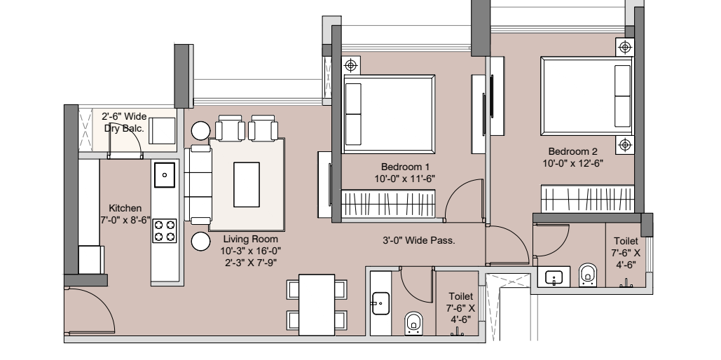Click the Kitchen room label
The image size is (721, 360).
[x=125, y=208]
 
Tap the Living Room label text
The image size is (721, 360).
[x=251, y=239]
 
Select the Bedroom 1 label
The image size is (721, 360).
[x=405, y=167]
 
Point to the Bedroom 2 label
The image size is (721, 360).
[x=573, y=151]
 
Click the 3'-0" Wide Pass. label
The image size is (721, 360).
[x=419, y=240]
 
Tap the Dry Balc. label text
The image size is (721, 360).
[x=124, y=128]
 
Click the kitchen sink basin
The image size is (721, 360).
[x=164, y=174]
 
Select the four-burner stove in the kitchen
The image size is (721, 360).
[x=164, y=231]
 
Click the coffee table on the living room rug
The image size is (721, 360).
[x=247, y=184]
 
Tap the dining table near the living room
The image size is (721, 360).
[x=317, y=305]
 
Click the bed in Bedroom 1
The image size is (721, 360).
[x=389, y=114]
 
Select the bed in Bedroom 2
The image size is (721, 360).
[x=587, y=96]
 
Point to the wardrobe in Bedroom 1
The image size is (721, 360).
[x=389, y=204]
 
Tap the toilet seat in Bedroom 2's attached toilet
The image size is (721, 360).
[x=587, y=275]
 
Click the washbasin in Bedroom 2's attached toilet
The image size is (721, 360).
[x=554, y=277]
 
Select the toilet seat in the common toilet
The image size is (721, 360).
[x=414, y=323]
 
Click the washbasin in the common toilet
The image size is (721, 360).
[x=380, y=303]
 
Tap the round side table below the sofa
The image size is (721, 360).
[x=201, y=242]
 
